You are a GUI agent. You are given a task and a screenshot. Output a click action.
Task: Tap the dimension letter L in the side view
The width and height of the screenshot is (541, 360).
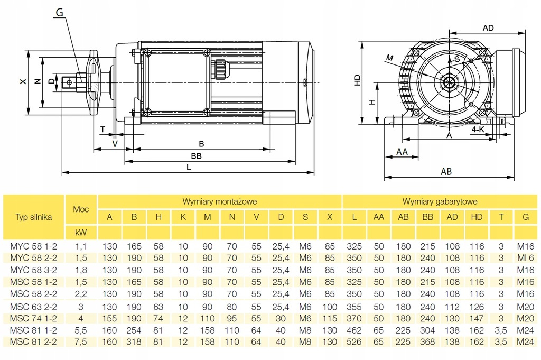tap(189, 167)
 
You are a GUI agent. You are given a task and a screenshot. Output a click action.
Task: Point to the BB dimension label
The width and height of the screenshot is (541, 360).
tap(197, 156)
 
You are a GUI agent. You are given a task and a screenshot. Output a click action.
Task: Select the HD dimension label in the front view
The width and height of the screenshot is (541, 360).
tap(358, 81)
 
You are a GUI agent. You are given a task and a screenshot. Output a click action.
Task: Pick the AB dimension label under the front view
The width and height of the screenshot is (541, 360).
tap(446, 172)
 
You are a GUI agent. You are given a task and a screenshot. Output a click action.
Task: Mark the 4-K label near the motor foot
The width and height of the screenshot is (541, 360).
tap(478, 129)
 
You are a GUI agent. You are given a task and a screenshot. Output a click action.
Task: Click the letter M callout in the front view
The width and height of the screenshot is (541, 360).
tap(390, 57)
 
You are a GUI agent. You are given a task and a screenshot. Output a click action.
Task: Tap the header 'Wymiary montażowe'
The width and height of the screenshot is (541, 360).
tap(219, 201)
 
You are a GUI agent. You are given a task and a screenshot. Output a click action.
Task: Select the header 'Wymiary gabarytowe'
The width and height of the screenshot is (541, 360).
tap(440, 201)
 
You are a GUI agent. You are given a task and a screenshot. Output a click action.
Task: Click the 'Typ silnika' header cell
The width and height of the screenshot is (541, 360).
tap(34, 217)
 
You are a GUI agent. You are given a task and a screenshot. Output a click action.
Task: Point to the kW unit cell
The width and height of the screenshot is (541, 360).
tap(81, 233)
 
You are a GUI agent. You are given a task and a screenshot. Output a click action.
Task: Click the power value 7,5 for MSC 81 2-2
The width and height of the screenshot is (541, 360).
tap(81, 341)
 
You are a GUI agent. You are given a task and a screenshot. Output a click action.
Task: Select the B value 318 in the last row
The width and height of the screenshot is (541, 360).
tap(134, 341)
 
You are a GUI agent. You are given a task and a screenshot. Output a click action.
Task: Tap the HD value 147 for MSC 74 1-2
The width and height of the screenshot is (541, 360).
tap(477, 318)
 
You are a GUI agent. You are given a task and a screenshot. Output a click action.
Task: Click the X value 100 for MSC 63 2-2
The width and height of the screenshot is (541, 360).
tap(330, 307)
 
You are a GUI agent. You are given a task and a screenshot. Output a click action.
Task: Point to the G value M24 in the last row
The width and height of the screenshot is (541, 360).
tap(525, 341)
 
